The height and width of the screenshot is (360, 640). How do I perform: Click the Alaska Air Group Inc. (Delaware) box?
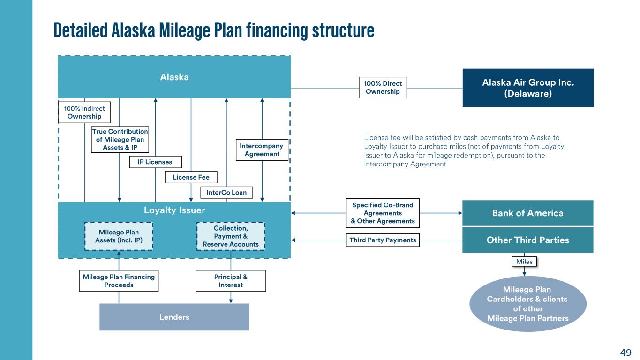coord(527,88)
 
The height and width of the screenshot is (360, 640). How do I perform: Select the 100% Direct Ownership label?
coord(383,88)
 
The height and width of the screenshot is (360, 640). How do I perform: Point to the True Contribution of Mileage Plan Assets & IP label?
coord(120,140)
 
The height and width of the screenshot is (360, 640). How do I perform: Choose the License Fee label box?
coord(191,177)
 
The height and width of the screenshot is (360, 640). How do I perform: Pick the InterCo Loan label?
coord(227,192)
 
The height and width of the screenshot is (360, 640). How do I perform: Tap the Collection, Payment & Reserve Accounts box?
coord(231,236)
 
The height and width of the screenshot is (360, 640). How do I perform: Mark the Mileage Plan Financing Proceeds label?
coord(119,281)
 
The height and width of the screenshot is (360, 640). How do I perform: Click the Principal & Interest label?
coord(231,281)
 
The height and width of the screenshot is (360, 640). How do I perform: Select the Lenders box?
coord(174,317)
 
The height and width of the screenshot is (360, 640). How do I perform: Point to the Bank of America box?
coord(527,213)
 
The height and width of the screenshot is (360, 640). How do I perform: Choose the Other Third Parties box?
coord(527,240)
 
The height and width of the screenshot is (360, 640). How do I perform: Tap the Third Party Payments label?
coord(383,240)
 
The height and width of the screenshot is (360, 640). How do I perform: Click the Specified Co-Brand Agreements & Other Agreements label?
coord(383,213)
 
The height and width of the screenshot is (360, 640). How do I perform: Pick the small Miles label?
coord(524,262)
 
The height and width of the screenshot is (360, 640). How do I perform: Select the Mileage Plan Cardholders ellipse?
coord(527,304)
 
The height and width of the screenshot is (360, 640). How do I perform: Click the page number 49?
coord(625,352)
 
